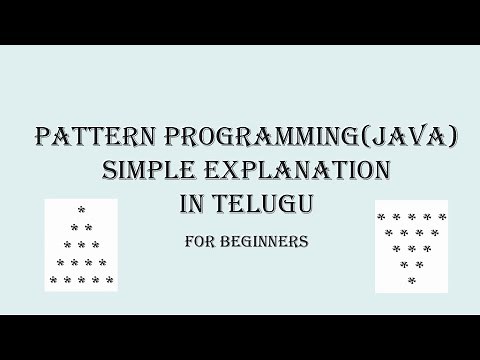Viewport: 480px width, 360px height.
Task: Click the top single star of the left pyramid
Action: (81, 211)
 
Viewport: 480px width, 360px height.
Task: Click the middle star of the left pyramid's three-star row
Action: (81, 245)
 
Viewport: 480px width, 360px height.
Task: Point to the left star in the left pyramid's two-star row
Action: (74, 228)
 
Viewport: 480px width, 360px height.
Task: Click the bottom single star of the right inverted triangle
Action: (412, 281)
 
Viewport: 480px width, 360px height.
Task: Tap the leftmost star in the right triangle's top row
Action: (382, 216)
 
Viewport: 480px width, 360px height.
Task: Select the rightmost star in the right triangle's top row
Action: (442, 216)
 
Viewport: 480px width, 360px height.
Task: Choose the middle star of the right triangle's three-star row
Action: (412, 248)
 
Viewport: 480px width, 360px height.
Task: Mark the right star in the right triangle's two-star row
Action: (419, 265)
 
